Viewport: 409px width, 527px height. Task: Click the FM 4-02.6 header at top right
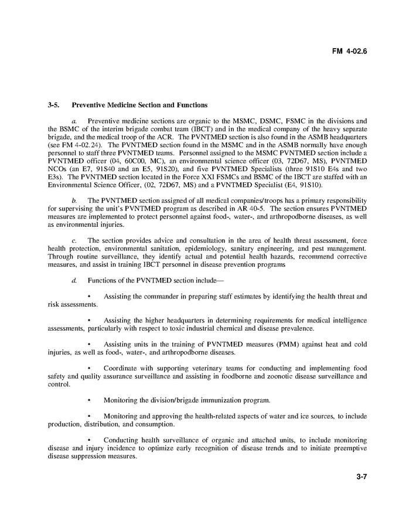click(x=349, y=50)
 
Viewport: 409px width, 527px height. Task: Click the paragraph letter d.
click(x=74, y=280)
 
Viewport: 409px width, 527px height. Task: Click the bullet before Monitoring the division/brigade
click(x=89, y=400)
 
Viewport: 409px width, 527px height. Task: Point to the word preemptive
click(x=347, y=448)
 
